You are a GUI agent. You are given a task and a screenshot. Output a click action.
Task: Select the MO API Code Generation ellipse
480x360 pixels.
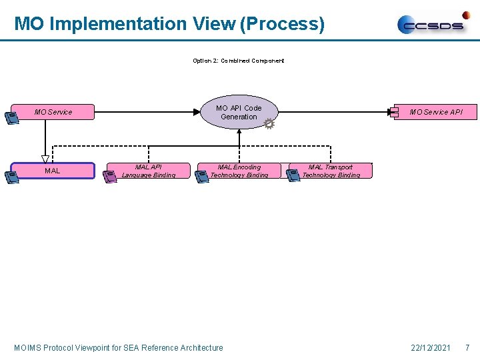pos(239,112)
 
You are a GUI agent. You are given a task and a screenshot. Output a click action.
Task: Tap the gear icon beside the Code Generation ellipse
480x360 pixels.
pos(269,124)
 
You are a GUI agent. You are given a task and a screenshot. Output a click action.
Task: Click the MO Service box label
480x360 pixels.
pos(53,112)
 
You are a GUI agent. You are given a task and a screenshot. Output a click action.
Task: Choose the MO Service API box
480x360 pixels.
pos(435,112)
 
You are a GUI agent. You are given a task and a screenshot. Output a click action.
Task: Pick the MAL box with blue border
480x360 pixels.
pos(53,171)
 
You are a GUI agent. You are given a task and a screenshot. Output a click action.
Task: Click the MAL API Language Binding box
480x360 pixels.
pos(147,171)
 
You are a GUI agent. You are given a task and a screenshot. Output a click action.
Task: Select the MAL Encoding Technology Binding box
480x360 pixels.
pos(239,171)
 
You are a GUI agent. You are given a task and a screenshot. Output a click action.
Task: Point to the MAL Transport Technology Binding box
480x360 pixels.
pos(331,171)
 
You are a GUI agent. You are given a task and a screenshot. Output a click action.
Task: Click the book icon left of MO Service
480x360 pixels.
pos(11,118)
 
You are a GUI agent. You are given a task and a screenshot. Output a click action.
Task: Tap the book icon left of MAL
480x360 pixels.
pos(11,177)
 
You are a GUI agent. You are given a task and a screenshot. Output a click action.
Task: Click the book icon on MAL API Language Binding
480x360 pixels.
pos(109,177)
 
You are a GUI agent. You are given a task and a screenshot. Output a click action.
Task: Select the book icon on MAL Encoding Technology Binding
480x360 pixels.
pos(201,176)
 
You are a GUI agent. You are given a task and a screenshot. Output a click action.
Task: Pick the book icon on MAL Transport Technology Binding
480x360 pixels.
pos(293,175)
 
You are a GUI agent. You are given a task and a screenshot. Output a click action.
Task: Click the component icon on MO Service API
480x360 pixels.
pos(394,112)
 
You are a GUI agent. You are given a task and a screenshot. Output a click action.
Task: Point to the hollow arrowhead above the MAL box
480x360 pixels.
pos(45,159)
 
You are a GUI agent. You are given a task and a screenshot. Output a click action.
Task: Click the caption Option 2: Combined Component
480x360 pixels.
pos(238,61)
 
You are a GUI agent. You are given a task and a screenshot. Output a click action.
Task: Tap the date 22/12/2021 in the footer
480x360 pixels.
pos(431,347)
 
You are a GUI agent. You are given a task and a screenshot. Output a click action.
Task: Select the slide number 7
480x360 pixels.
pos(467,347)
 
